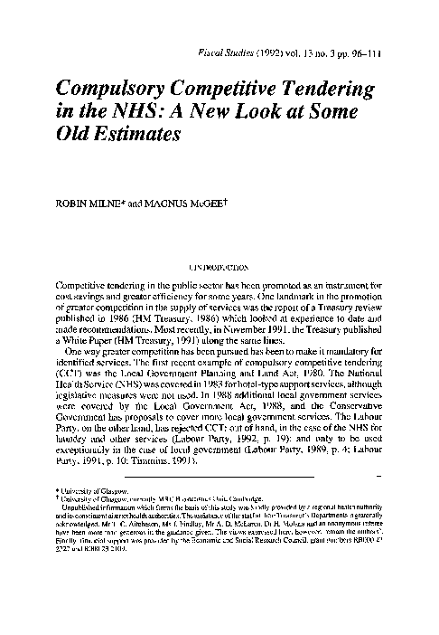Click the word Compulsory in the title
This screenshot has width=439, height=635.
[115, 91]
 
